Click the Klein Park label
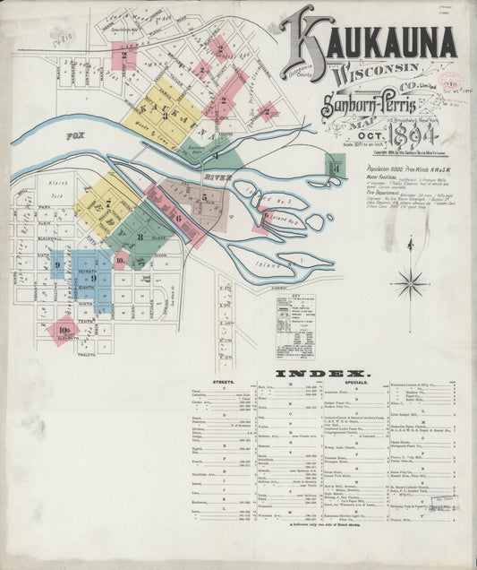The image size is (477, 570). [x=49, y=186]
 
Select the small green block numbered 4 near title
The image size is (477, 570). [x=335, y=165]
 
